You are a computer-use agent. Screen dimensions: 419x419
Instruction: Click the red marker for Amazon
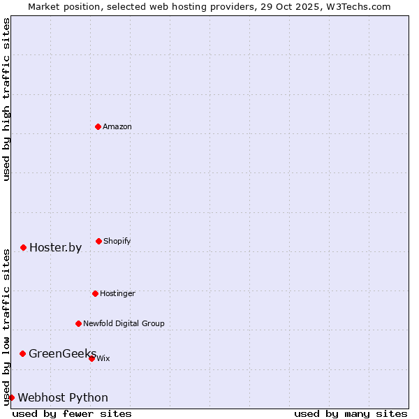pyautogui.click(x=98, y=126)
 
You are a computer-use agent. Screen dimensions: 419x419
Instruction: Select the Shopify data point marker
pyautogui.click(x=98, y=241)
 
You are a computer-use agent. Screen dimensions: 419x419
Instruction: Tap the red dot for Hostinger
pyautogui.click(x=95, y=293)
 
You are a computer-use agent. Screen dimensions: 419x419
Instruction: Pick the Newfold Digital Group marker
pyautogui.click(x=78, y=323)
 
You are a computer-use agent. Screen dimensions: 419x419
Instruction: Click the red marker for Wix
pyautogui.click(x=91, y=358)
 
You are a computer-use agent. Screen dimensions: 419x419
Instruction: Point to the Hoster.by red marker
pyautogui.click(x=23, y=247)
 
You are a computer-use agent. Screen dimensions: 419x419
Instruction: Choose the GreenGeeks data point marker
pyautogui.click(x=22, y=353)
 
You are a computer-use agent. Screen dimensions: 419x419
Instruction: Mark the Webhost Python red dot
pyautogui.click(x=11, y=397)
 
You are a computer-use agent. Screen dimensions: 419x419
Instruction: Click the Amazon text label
pyautogui.click(x=117, y=126)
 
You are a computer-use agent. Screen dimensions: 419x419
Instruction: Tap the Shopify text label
pyautogui.click(x=117, y=241)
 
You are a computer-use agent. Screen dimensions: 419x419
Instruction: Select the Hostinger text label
pyautogui.click(x=117, y=293)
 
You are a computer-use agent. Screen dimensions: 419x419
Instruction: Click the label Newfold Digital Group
pyautogui.click(x=124, y=323)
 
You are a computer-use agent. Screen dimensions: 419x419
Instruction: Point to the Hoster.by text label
pyautogui.click(x=55, y=247)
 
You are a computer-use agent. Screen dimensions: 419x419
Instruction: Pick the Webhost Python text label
pyautogui.click(x=63, y=397)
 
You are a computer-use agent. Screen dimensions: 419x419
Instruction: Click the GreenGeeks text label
pyautogui.click(x=62, y=353)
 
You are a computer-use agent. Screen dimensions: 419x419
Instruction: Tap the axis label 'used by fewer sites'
pyautogui.click(x=72, y=413)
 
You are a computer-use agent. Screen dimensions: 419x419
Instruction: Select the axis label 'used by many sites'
pyautogui.click(x=351, y=413)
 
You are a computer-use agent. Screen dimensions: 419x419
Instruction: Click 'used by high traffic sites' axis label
pyautogui.click(x=6, y=100)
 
